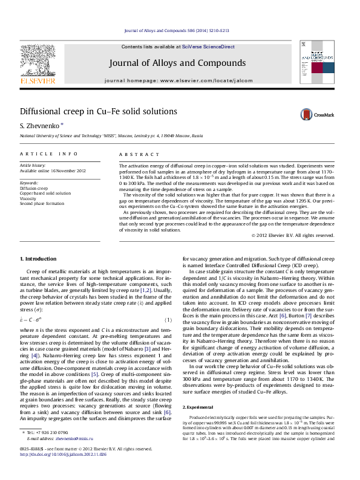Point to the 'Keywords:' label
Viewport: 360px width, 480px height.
(x=29, y=182)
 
